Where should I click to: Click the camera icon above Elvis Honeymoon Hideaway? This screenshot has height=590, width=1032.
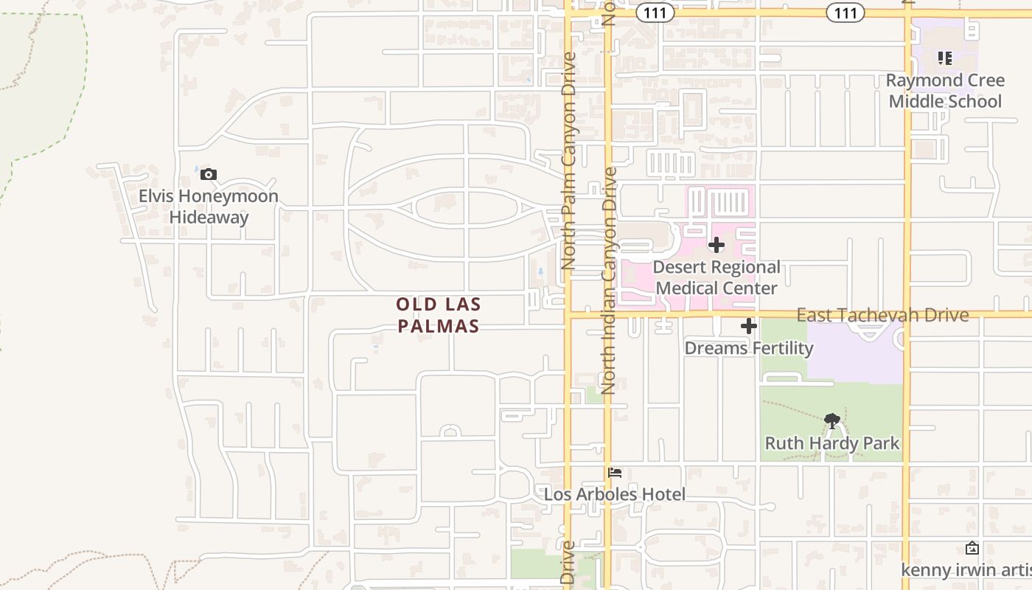209,175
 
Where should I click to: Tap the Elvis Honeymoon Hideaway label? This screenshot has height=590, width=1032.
209,206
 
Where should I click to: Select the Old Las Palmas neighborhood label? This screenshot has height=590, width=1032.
439,315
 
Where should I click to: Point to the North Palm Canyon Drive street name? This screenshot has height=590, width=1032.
568,160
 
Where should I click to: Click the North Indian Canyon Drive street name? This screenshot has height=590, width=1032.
609,280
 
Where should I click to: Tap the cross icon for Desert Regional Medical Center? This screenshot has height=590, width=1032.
716,245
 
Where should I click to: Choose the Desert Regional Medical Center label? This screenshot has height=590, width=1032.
716,277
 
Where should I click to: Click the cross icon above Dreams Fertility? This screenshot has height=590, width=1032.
749,326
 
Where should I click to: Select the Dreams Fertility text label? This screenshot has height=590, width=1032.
749,347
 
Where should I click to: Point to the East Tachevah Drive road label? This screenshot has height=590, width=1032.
882,315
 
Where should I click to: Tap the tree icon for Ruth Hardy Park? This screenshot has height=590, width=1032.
832,421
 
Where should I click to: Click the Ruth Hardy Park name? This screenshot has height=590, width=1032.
832,443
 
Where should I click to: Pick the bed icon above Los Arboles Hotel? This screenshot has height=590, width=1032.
615,472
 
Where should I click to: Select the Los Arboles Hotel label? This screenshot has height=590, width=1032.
615,494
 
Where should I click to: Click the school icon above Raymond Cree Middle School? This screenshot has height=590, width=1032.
945,58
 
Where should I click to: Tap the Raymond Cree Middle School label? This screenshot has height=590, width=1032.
945,91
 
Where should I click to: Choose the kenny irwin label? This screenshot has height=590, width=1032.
966,570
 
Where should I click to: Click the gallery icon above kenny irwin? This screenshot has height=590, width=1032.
972,548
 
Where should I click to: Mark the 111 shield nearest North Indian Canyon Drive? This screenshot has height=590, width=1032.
655,13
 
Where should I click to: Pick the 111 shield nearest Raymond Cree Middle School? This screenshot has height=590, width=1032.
845,13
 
